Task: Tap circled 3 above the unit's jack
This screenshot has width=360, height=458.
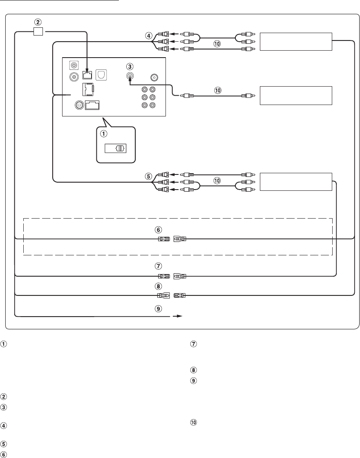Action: (x=130, y=67)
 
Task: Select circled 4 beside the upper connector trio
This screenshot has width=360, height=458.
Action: (x=148, y=36)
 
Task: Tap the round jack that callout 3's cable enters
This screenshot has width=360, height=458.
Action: (x=130, y=76)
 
